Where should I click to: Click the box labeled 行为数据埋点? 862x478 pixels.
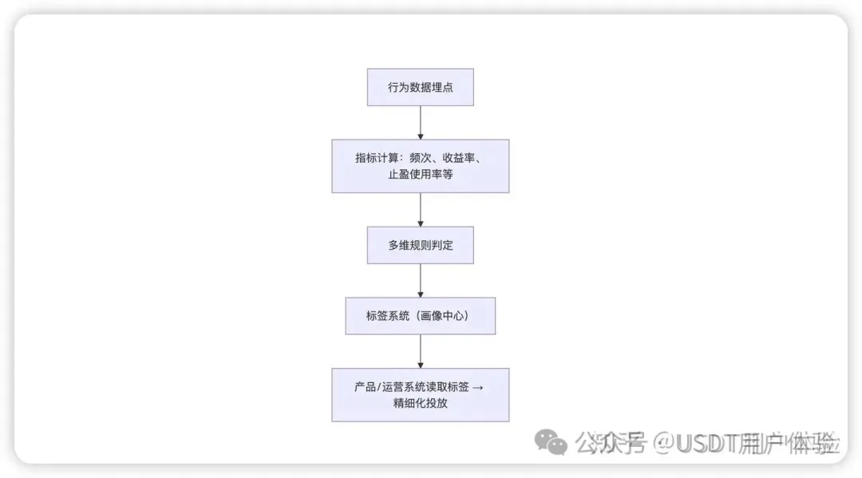(420, 87)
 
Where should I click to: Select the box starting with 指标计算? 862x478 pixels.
(420, 166)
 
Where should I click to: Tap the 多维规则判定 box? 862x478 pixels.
(420, 245)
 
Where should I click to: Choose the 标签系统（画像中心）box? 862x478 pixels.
(420, 316)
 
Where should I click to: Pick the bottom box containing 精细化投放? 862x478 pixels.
(420, 395)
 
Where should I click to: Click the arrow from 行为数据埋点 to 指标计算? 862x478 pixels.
(421, 123)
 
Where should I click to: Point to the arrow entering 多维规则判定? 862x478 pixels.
(421, 209)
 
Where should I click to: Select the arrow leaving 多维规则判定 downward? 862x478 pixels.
(421, 280)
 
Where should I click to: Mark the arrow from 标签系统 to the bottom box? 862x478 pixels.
(421, 351)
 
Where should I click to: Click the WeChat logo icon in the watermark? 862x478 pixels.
(551, 443)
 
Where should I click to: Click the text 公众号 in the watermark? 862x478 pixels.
(611, 443)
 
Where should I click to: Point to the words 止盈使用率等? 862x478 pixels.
(421, 175)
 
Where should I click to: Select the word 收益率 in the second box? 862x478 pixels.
(458, 158)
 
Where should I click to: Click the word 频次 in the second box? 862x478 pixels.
(421, 158)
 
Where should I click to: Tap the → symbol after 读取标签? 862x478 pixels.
(478, 387)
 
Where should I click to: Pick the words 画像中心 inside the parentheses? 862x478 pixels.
(442, 316)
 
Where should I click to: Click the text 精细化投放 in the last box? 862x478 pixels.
(421, 403)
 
